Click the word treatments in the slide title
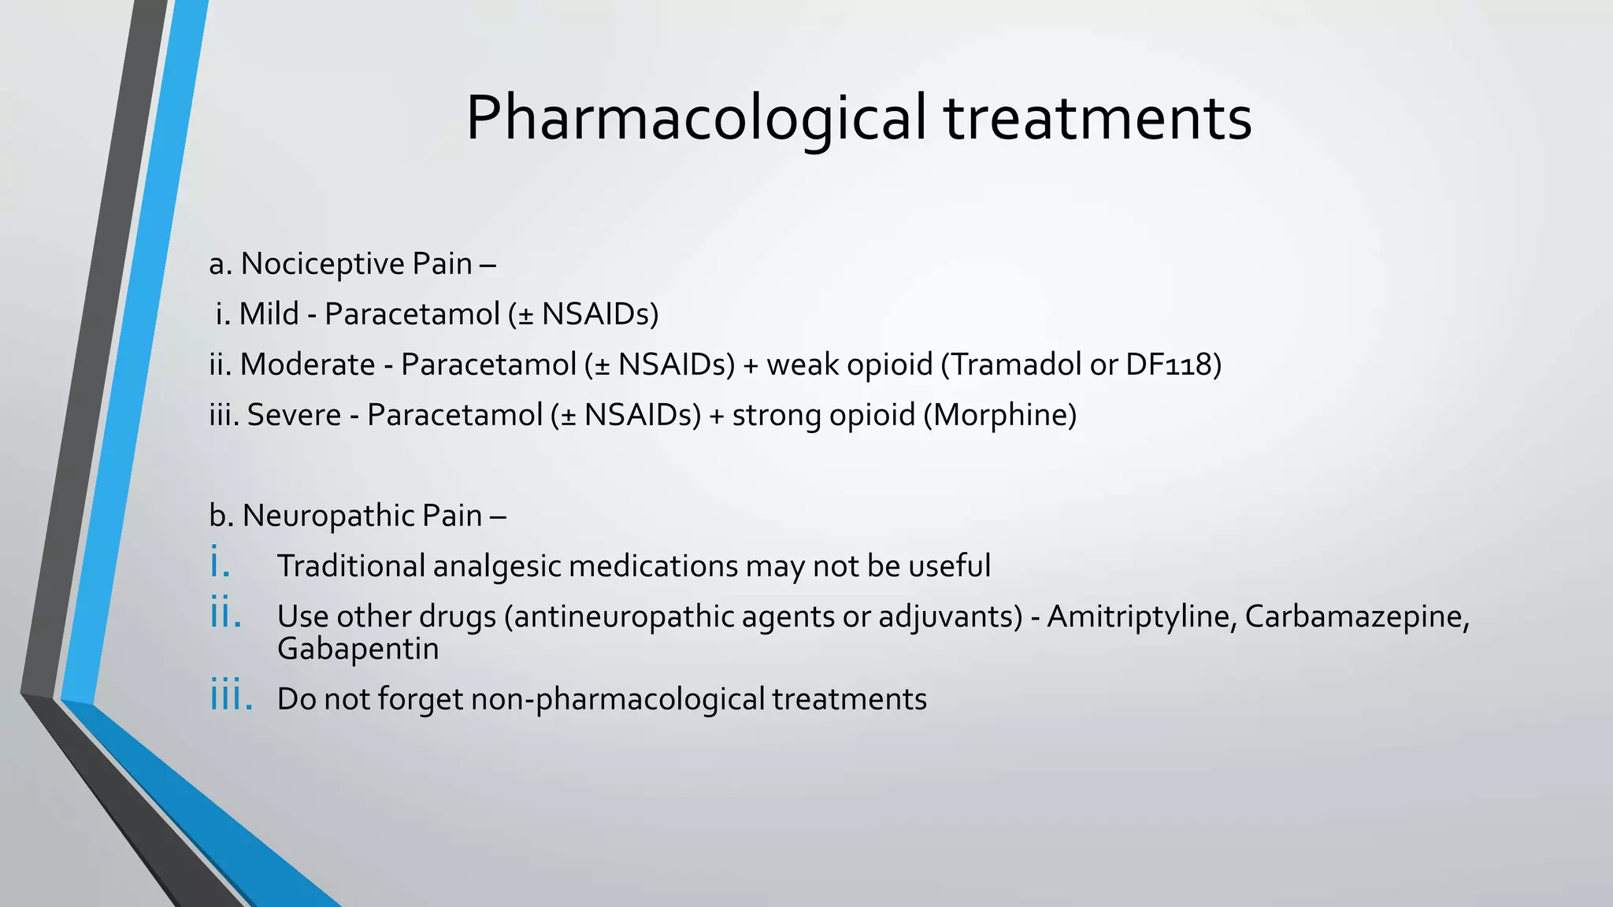(1098, 118)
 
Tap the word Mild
(269, 314)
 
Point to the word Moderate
(307, 365)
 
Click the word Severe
(294, 415)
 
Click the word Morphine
(999, 415)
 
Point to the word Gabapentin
(358, 650)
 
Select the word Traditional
(350, 566)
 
